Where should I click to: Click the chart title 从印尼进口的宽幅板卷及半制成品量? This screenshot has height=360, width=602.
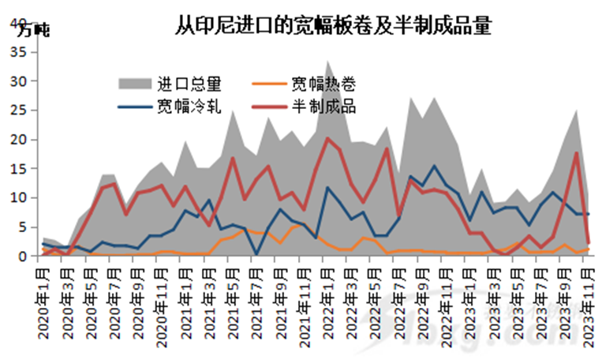(332, 26)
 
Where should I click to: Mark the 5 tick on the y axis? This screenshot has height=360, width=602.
(23, 227)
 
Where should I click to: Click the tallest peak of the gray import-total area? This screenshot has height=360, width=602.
(328, 62)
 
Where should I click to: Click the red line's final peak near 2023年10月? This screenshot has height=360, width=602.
(577, 153)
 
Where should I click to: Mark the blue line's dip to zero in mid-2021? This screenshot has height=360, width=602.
(256, 254)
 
